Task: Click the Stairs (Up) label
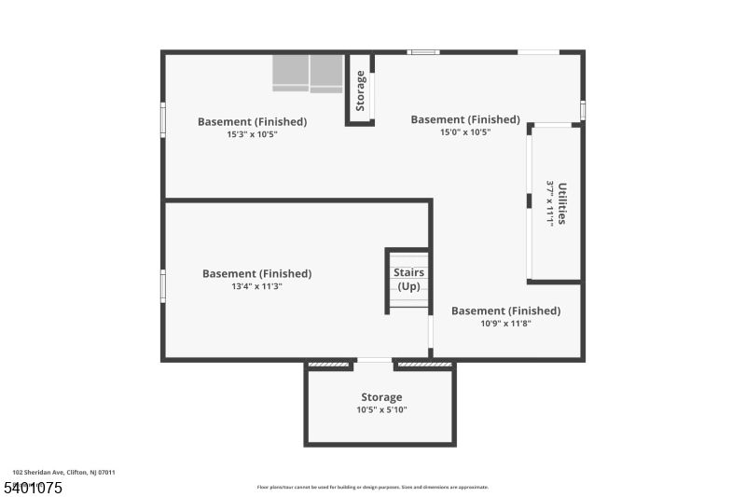(x=409, y=279)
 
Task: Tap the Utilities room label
(x=562, y=202)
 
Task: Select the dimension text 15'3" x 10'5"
(x=252, y=134)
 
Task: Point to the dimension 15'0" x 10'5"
(x=465, y=132)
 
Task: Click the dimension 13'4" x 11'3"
(x=256, y=286)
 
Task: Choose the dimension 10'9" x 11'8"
(x=505, y=324)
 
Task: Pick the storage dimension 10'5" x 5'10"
(x=381, y=409)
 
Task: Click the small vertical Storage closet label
(x=361, y=90)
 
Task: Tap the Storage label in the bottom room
(x=381, y=397)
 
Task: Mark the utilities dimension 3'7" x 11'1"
(x=550, y=202)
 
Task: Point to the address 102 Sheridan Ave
(x=63, y=473)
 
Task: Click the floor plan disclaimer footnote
(x=372, y=487)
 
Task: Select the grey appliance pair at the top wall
(x=308, y=73)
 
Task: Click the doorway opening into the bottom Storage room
(x=373, y=361)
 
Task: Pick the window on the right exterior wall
(x=583, y=110)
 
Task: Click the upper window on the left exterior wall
(x=163, y=119)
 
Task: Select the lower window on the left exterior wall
(x=163, y=285)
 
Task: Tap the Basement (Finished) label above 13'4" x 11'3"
(x=256, y=273)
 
